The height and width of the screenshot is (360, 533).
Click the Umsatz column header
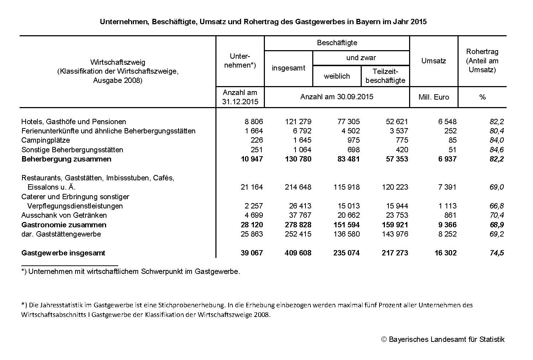coord(433,61)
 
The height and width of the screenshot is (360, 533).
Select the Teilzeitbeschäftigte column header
coord(385,76)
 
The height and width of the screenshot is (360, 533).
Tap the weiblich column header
coord(337,76)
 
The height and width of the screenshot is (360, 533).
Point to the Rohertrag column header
coord(482,61)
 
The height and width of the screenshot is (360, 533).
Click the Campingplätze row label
coord(46,140)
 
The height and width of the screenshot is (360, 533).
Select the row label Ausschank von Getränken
coord(64,215)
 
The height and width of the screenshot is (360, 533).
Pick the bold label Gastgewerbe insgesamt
coord(63,253)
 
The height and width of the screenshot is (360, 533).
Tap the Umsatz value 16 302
coord(445,253)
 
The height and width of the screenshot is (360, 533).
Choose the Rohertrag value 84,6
coord(497,150)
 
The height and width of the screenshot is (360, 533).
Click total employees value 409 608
coord(298,253)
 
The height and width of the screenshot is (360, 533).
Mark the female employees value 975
coord(353,140)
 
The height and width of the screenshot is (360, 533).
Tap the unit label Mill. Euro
coord(434,97)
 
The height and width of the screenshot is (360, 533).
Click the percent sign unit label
coord(482,97)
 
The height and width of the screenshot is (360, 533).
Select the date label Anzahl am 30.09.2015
coord(337,97)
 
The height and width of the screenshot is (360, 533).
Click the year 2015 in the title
coord(418,22)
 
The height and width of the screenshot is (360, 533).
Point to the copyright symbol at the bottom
coord(384,339)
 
